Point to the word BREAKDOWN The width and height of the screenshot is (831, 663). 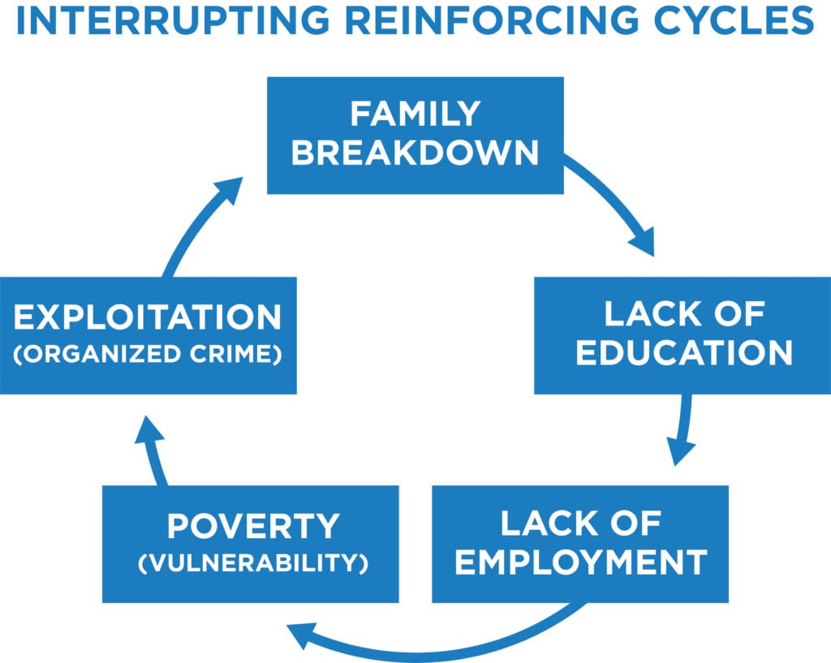click(x=415, y=153)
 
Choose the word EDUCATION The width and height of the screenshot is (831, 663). click(x=682, y=353)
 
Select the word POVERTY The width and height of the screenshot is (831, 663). click(x=252, y=527)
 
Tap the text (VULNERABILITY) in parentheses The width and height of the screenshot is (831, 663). click(x=252, y=562)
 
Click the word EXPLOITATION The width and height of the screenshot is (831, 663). click(x=148, y=317)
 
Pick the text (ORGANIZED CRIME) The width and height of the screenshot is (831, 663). click(x=148, y=355)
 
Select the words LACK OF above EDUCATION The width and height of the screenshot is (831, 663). click(x=682, y=314)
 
